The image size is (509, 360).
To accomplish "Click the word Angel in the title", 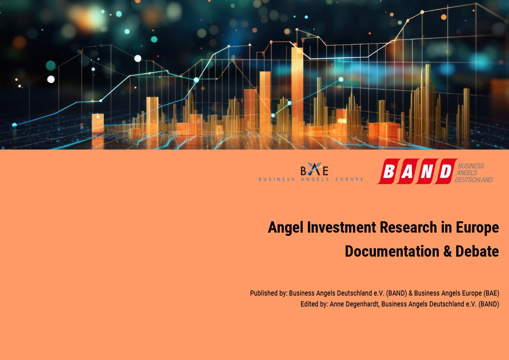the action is click(286, 228).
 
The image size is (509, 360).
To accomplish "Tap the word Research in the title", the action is click(408, 227).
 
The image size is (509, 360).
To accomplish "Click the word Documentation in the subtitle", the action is click(392, 251).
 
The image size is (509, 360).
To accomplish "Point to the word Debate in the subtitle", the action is click(477, 251).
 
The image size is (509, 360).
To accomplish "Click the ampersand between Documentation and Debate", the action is click(448, 251).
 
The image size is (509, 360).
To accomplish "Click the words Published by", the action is click(269, 293).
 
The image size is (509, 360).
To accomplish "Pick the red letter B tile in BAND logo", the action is click(389, 171).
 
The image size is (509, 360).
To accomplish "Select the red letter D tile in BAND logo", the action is click(445, 171).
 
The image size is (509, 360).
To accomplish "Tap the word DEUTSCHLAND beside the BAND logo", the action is click(474, 180).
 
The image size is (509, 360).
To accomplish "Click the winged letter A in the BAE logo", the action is click(315, 169).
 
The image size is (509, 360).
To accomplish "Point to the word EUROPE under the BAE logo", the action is click(349, 179).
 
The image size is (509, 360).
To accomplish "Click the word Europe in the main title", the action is click(477, 228).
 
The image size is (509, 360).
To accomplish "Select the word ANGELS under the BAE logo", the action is click(315, 179).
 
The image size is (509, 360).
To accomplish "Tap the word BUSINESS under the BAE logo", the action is click(277, 179).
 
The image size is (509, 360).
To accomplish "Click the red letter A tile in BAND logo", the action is click(407, 171).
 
